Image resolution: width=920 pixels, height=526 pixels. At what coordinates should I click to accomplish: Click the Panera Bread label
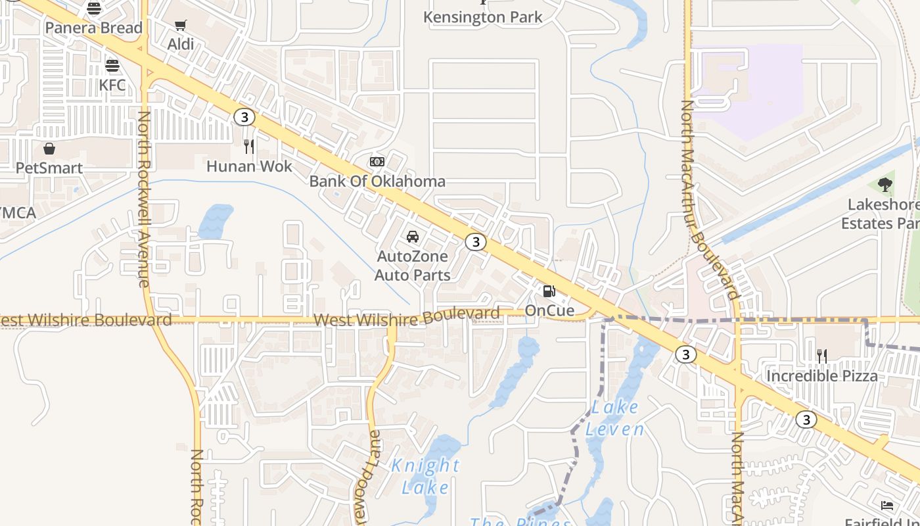(93, 28)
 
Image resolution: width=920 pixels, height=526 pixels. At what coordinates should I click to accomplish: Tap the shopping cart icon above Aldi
(180, 26)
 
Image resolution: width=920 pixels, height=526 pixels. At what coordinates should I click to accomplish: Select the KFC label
(112, 85)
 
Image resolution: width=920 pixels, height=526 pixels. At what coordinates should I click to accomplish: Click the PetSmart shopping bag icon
(49, 149)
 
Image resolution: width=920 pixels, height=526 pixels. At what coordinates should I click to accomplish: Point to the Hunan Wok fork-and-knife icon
(248, 146)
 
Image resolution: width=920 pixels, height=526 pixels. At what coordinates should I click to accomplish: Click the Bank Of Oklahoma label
(377, 181)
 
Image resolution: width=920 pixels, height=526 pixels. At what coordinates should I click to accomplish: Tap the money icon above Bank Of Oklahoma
(377, 162)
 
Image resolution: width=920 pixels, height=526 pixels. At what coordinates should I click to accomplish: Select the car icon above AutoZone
(413, 237)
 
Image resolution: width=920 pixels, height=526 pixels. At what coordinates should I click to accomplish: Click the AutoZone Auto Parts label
(413, 266)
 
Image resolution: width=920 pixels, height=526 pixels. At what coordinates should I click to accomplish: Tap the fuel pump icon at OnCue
(549, 291)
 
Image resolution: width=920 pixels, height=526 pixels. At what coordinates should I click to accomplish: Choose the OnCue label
(549, 310)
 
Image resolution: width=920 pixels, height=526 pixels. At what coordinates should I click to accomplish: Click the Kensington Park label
(483, 17)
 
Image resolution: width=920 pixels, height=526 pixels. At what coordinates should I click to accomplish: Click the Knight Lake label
(425, 476)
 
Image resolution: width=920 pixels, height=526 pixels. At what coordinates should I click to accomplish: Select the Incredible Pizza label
(822, 376)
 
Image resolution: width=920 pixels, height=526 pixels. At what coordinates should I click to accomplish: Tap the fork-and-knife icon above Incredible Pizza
(822, 356)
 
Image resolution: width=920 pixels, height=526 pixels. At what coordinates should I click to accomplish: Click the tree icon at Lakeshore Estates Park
(885, 185)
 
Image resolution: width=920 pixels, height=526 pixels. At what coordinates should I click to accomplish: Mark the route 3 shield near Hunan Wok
(244, 117)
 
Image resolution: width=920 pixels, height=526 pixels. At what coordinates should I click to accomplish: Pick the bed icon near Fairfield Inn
(887, 505)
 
